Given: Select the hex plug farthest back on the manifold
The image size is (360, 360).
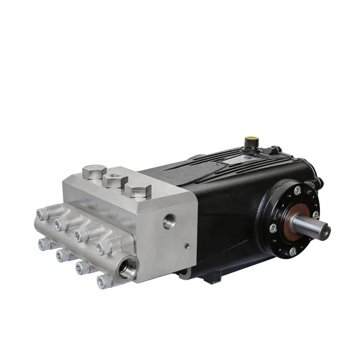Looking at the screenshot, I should [95, 171].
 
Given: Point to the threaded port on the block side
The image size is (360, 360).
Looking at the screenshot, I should [168, 222].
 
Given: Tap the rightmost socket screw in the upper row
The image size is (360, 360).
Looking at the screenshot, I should [104, 248].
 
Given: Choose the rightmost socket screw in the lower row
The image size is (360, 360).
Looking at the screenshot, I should [104, 281].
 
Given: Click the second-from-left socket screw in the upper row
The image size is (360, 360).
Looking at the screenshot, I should [62, 224].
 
